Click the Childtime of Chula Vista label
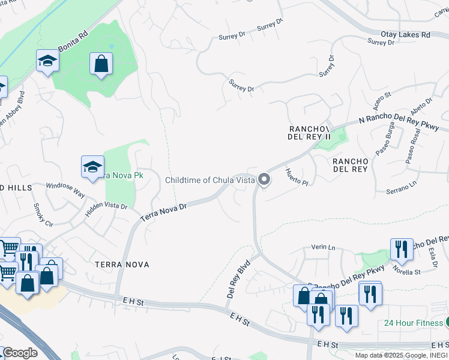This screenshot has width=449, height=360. tap(209, 180)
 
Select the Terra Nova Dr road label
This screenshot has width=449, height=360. tap(164, 212)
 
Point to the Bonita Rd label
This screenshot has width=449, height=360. tap(73, 41)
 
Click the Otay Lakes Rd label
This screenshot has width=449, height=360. tap(405, 35)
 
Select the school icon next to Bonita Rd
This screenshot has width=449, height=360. tap(47, 61)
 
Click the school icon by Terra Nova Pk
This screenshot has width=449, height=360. tap(92, 167)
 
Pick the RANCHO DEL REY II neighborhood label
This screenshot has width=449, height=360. tap(310, 133)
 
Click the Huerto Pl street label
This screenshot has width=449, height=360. tap(297, 176)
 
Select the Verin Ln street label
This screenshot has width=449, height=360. tap(322, 247)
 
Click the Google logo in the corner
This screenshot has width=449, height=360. tap(20, 352)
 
